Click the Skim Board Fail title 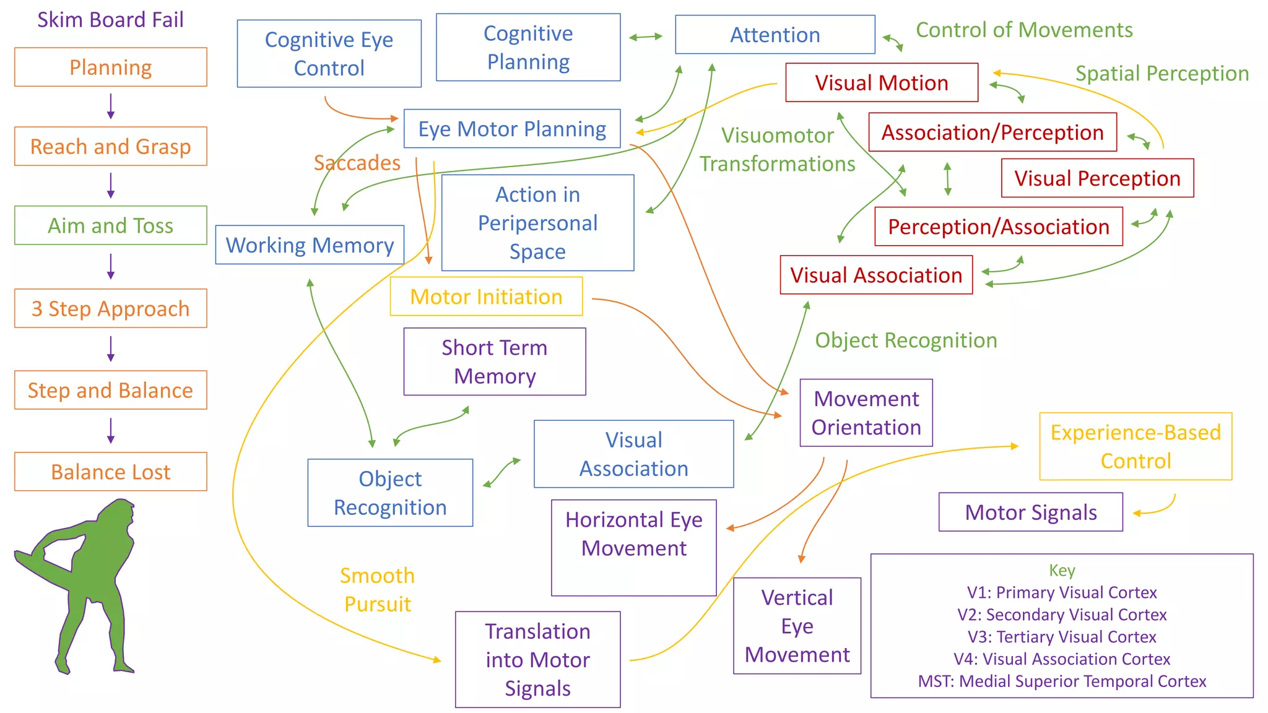pos(110,20)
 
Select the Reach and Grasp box pos(110,147)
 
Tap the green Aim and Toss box pos(110,225)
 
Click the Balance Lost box pos(110,472)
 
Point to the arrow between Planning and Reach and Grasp pos(111,106)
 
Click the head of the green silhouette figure pos(119,514)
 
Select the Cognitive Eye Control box pos(329,54)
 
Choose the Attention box pos(775,35)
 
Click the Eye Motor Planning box pos(512,129)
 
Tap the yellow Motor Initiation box pos(486,296)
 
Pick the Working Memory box pos(310,245)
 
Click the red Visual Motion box pos(881,82)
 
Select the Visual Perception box pos(1097,178)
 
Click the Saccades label pos(357,163)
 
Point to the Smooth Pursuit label pos(377,589)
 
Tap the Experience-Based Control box pos(1136,446)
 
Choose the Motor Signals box pos(1030,512)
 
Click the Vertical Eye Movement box pos(797,626)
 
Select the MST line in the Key pos(1062,681)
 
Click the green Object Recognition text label pos(906,340)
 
